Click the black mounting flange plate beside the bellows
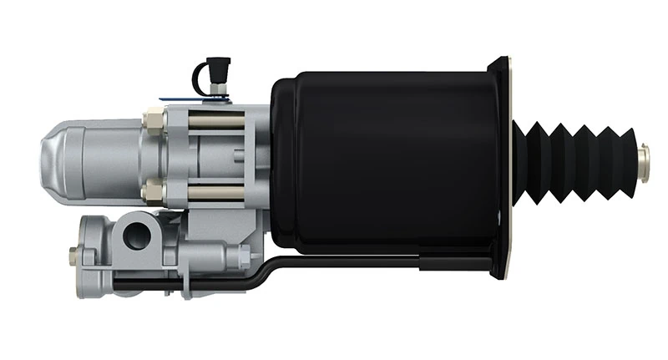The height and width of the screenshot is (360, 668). (x=500, y=167)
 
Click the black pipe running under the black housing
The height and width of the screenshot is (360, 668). (x=351, y=262)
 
